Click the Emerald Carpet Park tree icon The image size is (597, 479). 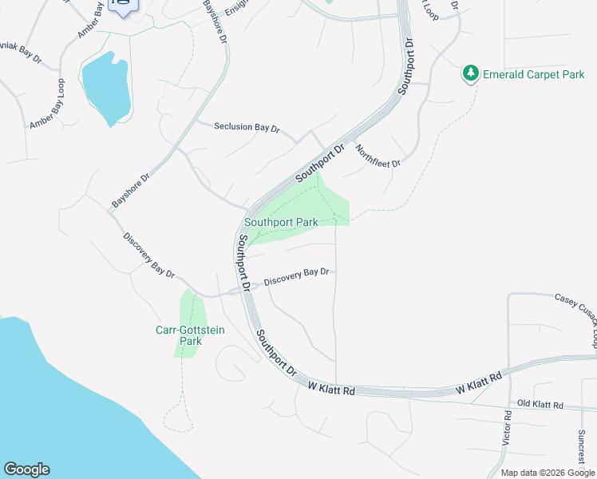click(471, 74)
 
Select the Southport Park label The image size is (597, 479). click(281, 223)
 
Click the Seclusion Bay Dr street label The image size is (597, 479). click(247, 127)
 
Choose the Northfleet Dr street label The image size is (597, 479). click(378, 155)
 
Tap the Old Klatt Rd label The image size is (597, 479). click(540, 405)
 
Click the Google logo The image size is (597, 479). click(26, 469)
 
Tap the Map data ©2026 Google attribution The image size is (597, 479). click(548, 473)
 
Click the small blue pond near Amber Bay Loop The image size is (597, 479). click(106, 86)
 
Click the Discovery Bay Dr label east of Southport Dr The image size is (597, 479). click(296, 276)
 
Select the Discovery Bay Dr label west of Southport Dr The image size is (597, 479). click(149, 255)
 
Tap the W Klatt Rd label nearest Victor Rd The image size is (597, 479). click(478, 382)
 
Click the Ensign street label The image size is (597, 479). click(237, 8)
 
